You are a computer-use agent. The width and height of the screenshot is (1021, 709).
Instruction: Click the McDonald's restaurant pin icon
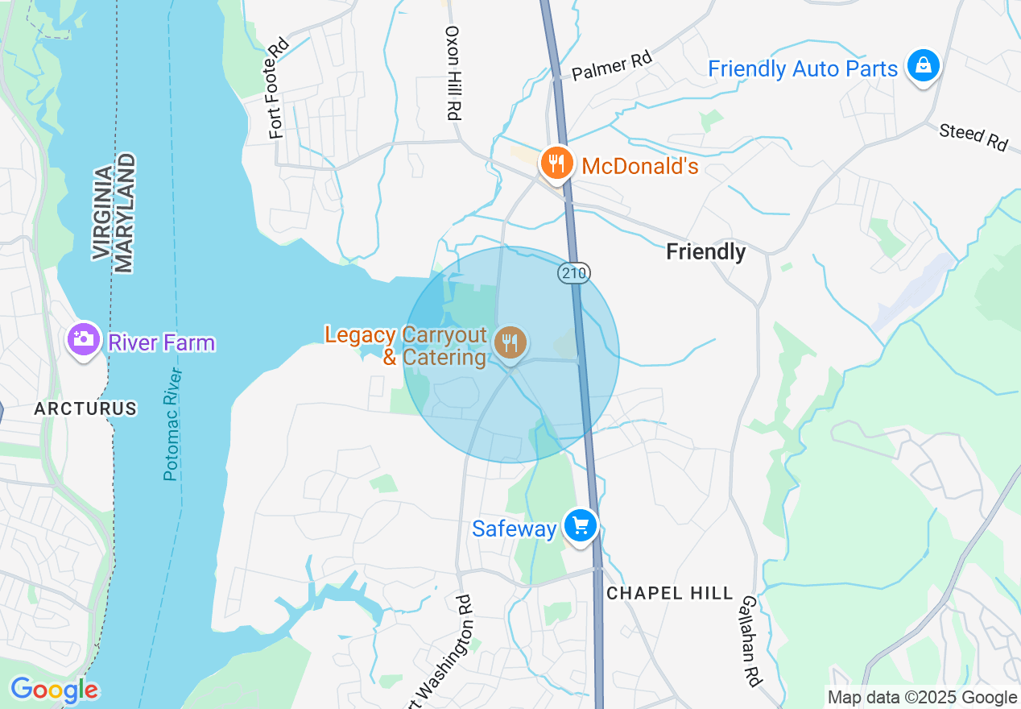click(556, 164)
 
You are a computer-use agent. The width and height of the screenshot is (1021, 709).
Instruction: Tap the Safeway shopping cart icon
click(580, 526)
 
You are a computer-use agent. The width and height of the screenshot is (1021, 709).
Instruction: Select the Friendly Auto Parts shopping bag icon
click(923, 66)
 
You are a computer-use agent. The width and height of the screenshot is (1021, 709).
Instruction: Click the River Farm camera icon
click(83, 340)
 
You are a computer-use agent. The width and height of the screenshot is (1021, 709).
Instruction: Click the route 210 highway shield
click(574, 273)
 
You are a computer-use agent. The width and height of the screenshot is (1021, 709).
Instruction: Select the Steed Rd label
click(973, 136)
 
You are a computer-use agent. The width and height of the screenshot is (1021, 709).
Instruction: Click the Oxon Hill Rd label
click(453, 73)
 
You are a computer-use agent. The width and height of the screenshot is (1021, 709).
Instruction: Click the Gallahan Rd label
click(750, 641)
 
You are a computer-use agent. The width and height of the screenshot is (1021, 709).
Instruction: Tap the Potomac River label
click(172, 424)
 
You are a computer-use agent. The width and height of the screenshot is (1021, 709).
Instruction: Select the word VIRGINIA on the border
click(102, 213)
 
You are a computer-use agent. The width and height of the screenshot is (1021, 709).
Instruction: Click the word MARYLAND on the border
click(124, 214)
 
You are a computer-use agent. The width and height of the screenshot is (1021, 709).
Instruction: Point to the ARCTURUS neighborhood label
click(85, 408)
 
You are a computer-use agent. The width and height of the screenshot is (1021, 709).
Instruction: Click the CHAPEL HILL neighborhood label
click(670, 593)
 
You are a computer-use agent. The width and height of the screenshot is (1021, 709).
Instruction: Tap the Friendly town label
click(705, 252)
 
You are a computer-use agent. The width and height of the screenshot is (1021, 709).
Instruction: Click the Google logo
click(54, 690)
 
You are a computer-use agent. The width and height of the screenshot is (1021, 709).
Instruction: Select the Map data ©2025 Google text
click(923, 697)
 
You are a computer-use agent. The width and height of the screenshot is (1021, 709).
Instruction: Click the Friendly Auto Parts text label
click(803, 69)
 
